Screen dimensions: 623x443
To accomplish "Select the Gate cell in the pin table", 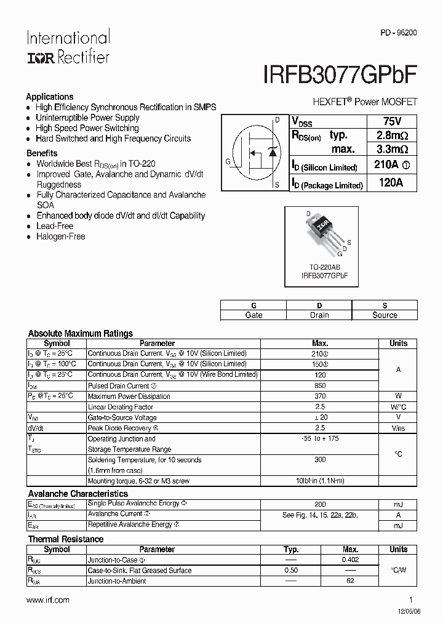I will pyautogui.click(x=253, y=315).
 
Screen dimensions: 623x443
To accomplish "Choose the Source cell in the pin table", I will pyautogui.click(x=385, y=315).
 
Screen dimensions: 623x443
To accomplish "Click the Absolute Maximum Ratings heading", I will pyautogui.click(x=81, y=334).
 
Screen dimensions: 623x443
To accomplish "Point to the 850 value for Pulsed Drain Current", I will pyautogui.click(x=320, y=386).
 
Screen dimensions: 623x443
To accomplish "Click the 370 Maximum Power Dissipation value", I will pyautogui.click(x=320, y=396).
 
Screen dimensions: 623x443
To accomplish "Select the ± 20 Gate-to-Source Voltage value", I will pyautogui.click(x=320, y=417).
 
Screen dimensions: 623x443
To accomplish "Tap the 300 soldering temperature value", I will pyautogui.click(x=320, y=460).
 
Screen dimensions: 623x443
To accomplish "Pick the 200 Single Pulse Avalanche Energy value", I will pyautogui.click(x=320, y=504).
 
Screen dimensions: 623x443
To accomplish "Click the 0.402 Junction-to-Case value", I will pyautogui.click(x=350, y=560).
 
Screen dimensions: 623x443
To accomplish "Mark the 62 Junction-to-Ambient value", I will pyautogui.click(x=350, y=581).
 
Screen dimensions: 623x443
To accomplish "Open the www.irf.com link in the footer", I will pyautogui.click(x=49, y=600).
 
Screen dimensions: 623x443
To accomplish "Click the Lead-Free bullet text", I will pyautogui.click(x=55, y=226).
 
